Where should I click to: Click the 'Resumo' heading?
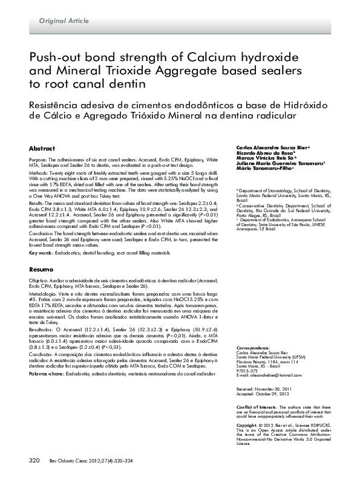click(x=41, y=268)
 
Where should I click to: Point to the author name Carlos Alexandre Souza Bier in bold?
click(x=272, y=148)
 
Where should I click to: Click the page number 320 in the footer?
click(x=34, y=461)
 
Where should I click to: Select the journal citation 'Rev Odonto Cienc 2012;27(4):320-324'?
click(x=91, y=461)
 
